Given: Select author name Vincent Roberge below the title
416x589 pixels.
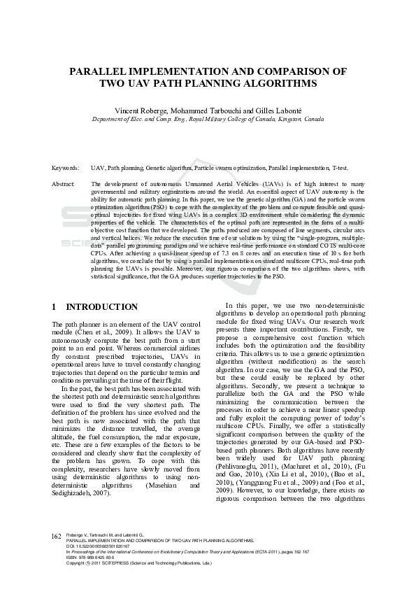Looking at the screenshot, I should pos(138,111).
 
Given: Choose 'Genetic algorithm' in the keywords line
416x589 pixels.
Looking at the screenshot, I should pos(173,169).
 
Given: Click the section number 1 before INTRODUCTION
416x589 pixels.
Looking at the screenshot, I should pos(55,307).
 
